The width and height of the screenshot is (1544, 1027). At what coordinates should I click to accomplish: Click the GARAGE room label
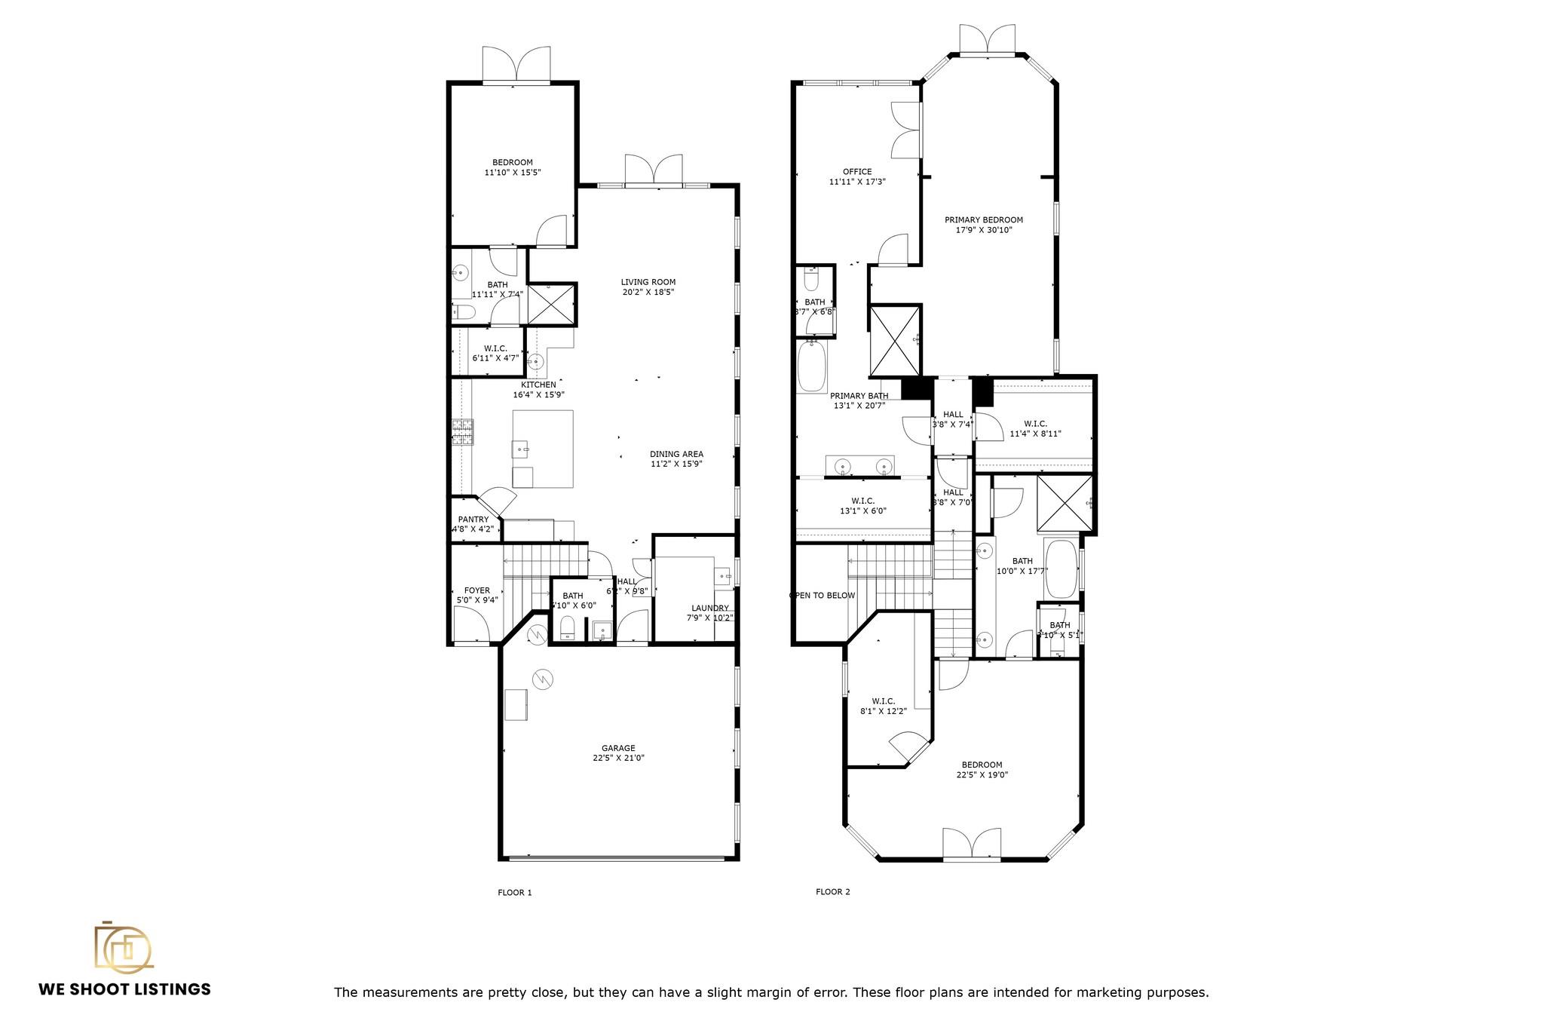pyautogui.click(x=618, y=748)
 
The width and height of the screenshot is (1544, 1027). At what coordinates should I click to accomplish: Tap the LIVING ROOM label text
pyautogui.click(x=648, y=282)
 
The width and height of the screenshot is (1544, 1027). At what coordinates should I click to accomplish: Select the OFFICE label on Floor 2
pyautogui.click(x=857, y=172)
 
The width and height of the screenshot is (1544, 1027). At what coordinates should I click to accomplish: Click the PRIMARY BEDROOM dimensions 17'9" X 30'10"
pyautogui.click(x=984, y=230)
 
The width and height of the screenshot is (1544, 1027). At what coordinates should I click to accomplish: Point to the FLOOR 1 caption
pyautogui.click(x=515, y=893)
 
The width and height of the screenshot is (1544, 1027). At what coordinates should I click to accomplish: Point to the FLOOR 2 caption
pyautogui.click(x=833, y=892)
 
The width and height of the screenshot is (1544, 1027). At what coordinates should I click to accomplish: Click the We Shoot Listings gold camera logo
pyautogui.click(x=123, y=947)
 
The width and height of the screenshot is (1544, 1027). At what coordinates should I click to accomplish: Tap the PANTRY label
pyautogui.click(x=473, y=520)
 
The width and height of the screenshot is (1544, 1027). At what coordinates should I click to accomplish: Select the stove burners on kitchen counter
pyautogui.click(x=461, y=434)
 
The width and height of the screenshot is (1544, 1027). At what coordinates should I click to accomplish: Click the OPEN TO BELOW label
pyautogui.click(x=822, y=596)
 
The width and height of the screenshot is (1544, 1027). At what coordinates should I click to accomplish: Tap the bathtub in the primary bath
pyautogui.click(x=813, y=366)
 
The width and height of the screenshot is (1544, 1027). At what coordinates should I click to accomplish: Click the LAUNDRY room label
pyautogui.click(x=710, y=608)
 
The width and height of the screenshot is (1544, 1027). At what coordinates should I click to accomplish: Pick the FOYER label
pyautogui.click(x=476, y=590)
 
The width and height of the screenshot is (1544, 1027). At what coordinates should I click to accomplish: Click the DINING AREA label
pyautogui.click(x=676, y=454)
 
